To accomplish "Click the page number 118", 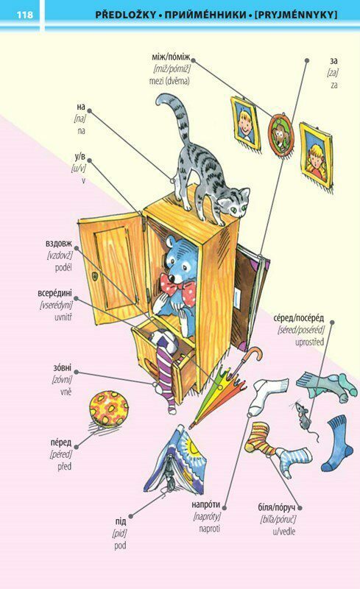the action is point(24,15).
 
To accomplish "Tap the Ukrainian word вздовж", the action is point(59,244).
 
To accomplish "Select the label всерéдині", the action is point(55,293).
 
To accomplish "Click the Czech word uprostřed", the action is point(309,342).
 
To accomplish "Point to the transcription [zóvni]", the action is point(62,380).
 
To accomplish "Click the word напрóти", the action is point(206,504).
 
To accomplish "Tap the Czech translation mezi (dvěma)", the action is point(169,81).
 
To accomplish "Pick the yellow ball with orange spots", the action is point(109,409).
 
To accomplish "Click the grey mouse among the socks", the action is point(303,415).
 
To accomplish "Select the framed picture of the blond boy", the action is point(245,122).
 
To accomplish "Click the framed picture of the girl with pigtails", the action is point(316,155).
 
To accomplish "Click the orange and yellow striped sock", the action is point(261,439).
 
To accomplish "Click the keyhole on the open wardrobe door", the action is point(95,277).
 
